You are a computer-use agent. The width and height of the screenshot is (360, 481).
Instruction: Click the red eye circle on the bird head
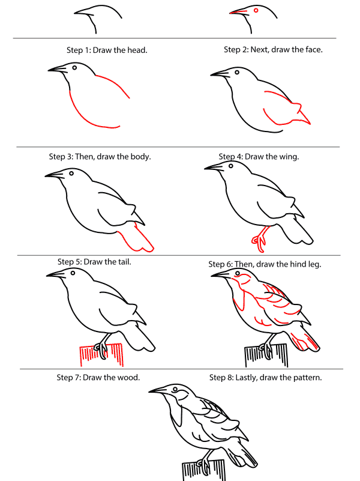pyautogui.click(x=256, y=10)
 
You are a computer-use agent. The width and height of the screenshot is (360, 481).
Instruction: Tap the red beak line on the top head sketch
pyautogui.click(x=238, y=12)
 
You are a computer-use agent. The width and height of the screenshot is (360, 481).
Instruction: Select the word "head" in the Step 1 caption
pyautogui.click(x=137, y=50)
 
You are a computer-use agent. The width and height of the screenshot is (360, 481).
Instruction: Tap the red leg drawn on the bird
pyautogui.click(x=260, y=239)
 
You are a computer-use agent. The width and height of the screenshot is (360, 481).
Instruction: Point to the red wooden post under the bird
pyautogui.click(x=102, y=355)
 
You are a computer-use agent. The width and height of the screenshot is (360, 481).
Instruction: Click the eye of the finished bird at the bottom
pyautogui.click(x=175, y=389)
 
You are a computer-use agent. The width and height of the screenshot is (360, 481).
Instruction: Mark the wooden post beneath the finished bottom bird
pyautogui.click(x=204, y=470)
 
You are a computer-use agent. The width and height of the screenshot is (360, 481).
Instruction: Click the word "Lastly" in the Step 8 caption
pyautogui.click(x=246, y=378)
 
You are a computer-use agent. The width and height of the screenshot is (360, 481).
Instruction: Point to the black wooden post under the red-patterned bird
pyautogui.click(x=266, y=355)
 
